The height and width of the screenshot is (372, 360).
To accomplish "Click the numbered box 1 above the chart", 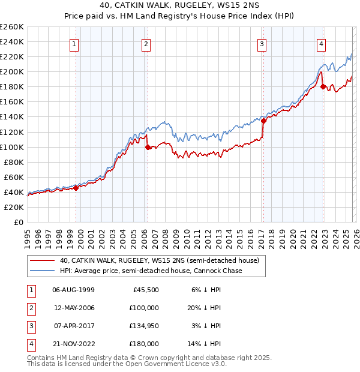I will click(74, 43).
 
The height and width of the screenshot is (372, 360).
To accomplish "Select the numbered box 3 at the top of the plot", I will click(262, 43).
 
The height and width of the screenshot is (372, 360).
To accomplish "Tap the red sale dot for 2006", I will click(148, 146).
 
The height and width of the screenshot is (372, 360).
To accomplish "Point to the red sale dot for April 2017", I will click(263, 120).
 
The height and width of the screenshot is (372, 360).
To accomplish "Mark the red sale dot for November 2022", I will click(323, 86).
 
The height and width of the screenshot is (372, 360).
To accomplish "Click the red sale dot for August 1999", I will click(76, 188).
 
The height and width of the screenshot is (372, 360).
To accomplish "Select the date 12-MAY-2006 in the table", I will click(74, 307).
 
